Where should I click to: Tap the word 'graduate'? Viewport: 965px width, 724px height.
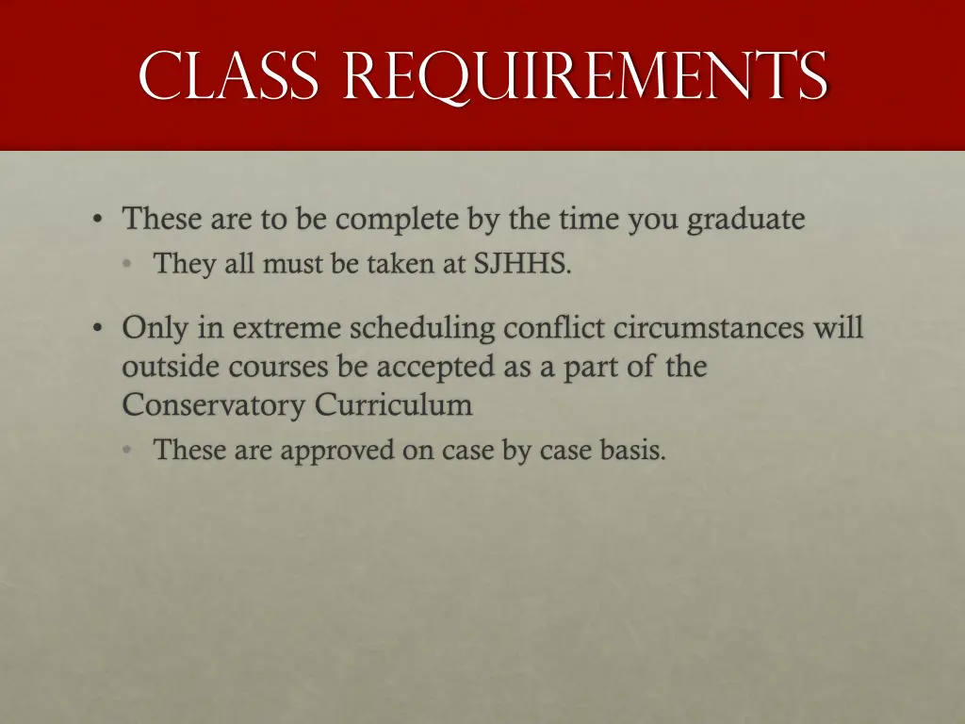[x=745, y=220]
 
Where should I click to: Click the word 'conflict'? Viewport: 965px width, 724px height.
[x=555, y=328]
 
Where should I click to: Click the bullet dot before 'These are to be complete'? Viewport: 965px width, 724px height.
[x=97, y=221]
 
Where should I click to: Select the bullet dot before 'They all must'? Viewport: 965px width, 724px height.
[x=127, y=265]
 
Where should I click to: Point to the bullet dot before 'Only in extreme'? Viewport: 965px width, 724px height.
[x=97, y=329]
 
